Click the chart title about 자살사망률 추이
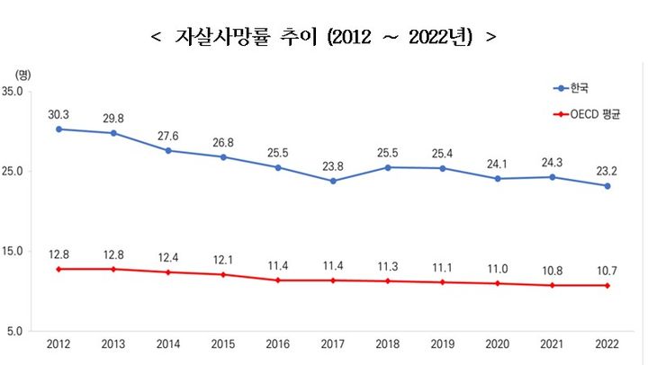click(323, 38)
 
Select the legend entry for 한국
click(571, 88)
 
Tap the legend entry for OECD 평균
click(589, 115)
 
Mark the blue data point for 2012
click(58, 129)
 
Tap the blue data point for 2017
click(333, 181)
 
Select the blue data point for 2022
click(607, 186)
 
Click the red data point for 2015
click(223, 274)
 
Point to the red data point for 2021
click(553, 285)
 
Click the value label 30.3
click(58, 114)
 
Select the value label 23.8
click(333, 165)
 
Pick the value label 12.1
click(223, 260)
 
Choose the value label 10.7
click(607, 271)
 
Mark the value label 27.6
click(168, 135)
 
